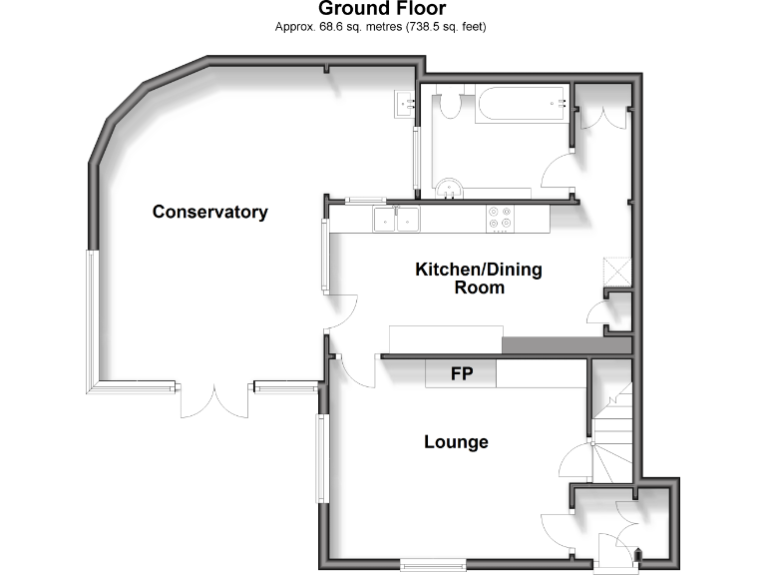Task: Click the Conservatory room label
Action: coord(209,212)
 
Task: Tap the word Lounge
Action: coord(456,441)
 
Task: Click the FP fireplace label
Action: coord(461,374)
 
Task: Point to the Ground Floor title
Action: coord(382,9)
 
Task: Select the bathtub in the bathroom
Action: coord(521,104)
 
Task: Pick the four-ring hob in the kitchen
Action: coord(499,218)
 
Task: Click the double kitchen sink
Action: coord(396,218)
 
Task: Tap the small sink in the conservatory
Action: coord(404,103)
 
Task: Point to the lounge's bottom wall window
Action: coord(433,565)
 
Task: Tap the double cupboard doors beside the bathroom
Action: coord(602,114)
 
